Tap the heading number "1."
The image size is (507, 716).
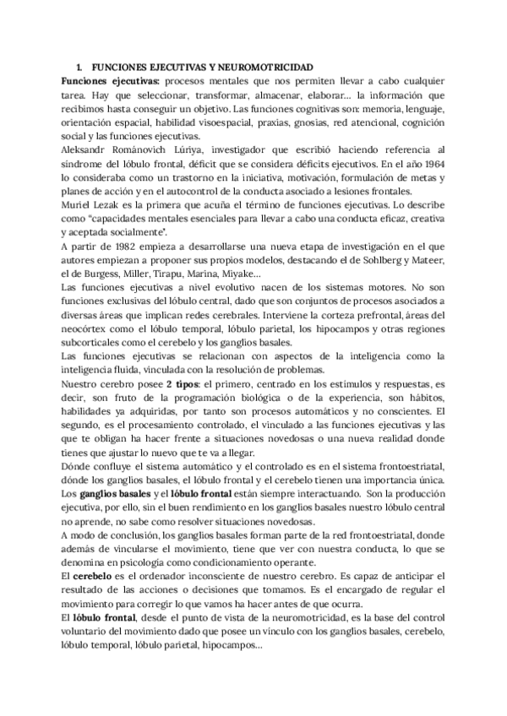tap(79, 66)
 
